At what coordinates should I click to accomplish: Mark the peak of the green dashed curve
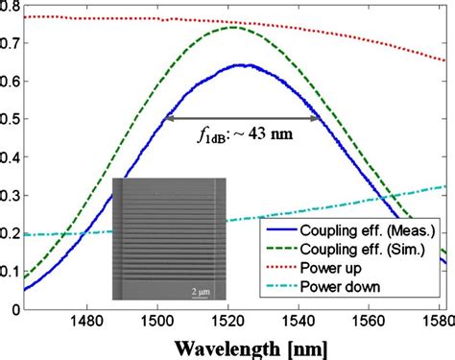234,27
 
